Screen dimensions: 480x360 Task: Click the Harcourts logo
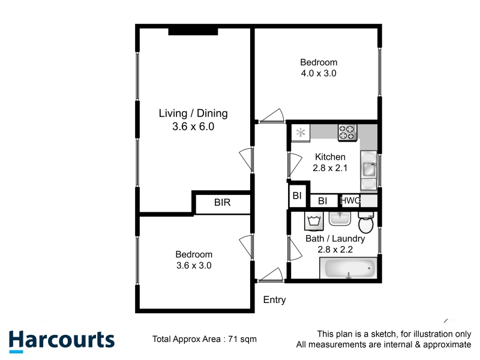click(62, 341)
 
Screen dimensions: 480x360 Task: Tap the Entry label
click(274, 299)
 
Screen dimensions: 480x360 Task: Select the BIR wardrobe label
click(222, 202)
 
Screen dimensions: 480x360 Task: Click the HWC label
click(350, 200)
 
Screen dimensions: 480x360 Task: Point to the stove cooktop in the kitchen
click(347, 133)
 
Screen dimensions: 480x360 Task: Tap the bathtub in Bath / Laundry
click(349, 268)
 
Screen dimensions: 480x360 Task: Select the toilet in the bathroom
click(366, 222)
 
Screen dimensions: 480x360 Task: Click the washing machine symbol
click(314, 221)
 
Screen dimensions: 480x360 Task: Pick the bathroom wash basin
click(340, 218)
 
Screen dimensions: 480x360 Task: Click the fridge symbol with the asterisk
click(301, 133)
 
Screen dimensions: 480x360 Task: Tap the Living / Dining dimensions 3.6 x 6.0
click(193, 127)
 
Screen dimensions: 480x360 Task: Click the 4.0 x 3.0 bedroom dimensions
click(319, 73)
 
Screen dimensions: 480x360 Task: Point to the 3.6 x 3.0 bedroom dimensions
click(194, 265)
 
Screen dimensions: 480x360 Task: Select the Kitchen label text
click(330, 157)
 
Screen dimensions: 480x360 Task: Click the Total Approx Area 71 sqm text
click(205, 339)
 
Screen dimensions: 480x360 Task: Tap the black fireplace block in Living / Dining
click(193, 32)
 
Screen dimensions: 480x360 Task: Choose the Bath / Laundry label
click(335, 238)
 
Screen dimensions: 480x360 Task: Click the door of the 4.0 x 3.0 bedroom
click(271, 116)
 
